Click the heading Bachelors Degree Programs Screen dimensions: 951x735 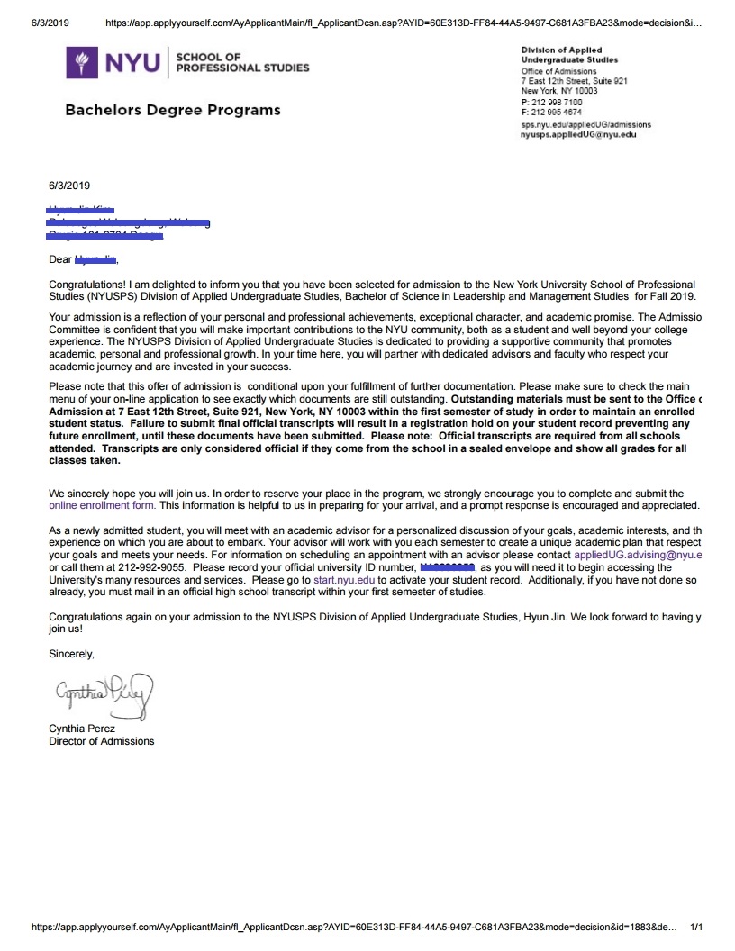coord(172,110)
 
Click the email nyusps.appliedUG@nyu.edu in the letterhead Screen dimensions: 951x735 coord(578,134)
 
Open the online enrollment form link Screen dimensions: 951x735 coord(102,505)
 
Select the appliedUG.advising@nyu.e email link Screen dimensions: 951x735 coord(638,556)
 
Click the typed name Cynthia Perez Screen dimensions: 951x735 coord(82,729)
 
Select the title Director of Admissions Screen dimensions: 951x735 coord(101,741)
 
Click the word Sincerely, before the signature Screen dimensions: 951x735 coord(71,654)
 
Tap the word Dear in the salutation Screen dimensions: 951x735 coord(59,260)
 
